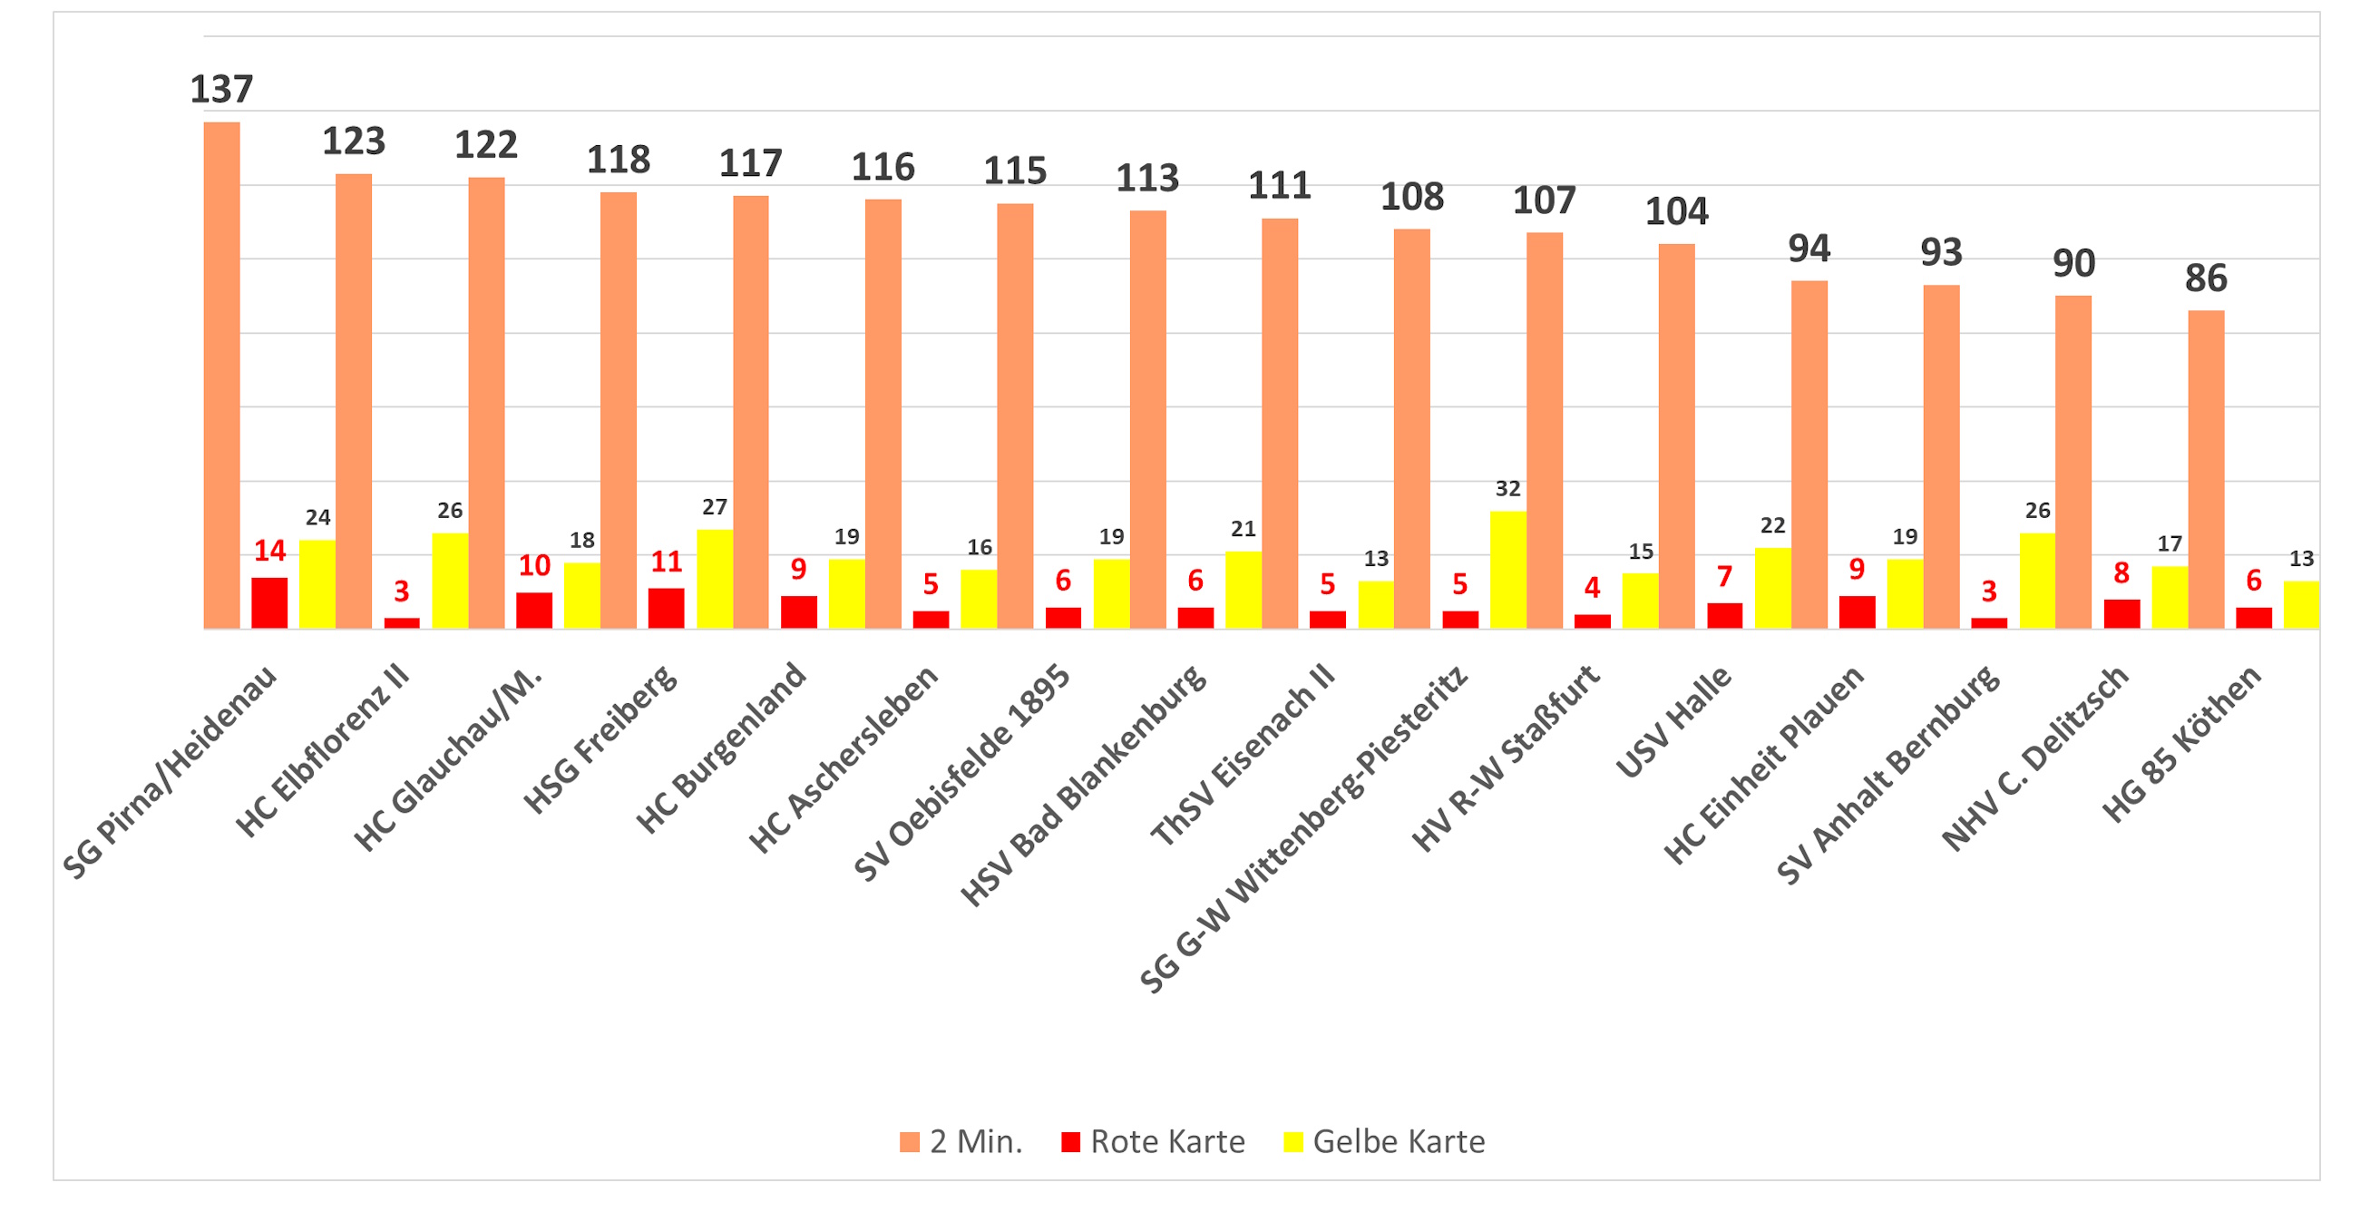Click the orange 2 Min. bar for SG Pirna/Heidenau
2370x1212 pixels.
tap(221, 376)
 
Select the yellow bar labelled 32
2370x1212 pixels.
tap(1508, 570)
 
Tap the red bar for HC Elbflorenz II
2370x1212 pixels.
tap(402, 623)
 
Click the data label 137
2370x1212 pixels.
tap(220, 89)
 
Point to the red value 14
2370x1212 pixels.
tap(269, 551)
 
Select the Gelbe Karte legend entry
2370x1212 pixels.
tap(1385, 1141)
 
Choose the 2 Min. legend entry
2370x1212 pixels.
tap(961, 1141)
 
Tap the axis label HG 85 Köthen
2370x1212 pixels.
tap(2180, 744)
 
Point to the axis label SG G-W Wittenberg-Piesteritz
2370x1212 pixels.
tap(1303, 828)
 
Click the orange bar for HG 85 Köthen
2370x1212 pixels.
tap(2205, 469)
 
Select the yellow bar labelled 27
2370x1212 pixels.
tap(715, 579)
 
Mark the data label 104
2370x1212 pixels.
tap(1676, 211)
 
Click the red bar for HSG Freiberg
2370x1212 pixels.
tap(666, 609)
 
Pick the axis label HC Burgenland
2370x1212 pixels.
tap(721, 748)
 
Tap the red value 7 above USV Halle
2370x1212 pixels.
tap(1724, 577)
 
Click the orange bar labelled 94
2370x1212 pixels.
tap(1809, 454)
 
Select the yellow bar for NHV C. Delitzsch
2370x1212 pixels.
tap(2170, 597)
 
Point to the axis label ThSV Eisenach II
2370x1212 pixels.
tap(1243, 755)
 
